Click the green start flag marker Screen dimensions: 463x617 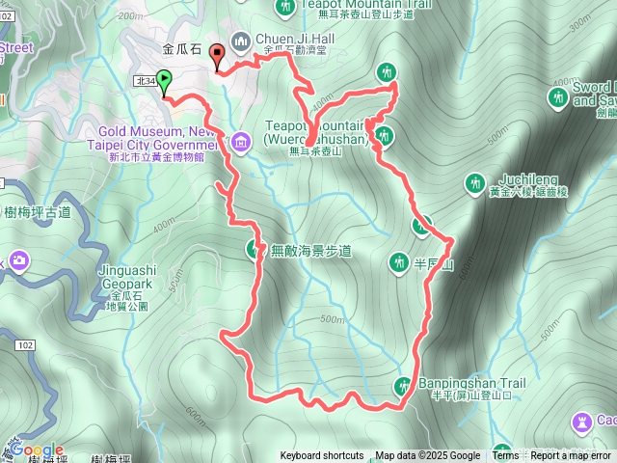pyautogui.click(x=164, y=81)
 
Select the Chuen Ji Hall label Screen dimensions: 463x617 pyautogui.click(x=293, y=40)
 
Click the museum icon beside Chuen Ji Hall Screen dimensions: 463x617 pyautogui.click(x=241, y=41)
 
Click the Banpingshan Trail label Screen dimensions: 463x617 pyautogui.click(x=471, y=383)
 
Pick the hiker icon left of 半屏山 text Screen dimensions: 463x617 pyautogui.click(x=400, y=261)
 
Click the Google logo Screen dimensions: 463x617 pyautogui.click(x=38, y=450)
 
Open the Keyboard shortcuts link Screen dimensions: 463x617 pyautogui.click(x=322, y=456)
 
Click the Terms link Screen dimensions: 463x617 pyautogui.click(x=505, y=456)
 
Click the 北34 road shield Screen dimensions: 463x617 pyautogui.click(x=146, y=82)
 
